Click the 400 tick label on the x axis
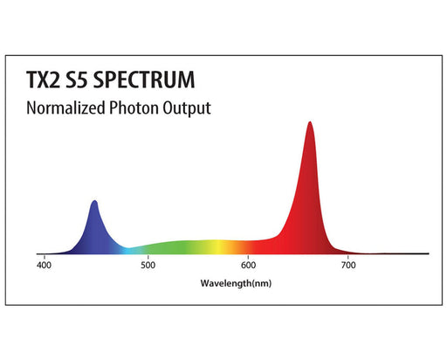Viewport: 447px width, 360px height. pos(46,265)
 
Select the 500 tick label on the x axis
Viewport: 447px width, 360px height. pos(148,265)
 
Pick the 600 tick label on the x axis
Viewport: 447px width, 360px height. pos(249,265)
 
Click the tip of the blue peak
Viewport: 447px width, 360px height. pos(94,202)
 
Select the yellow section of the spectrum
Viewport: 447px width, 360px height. pos(223,246)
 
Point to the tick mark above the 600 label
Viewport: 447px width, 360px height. pos(249,255)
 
